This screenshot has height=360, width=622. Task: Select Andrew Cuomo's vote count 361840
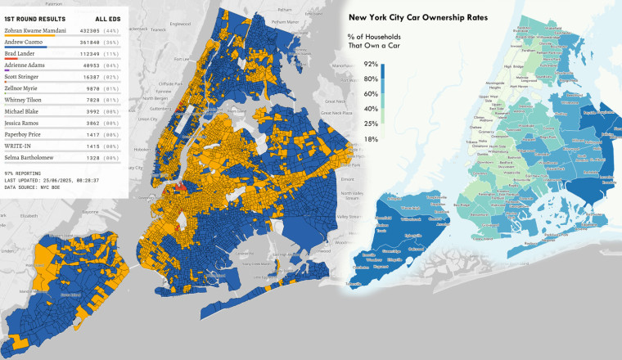(x=89, y=43)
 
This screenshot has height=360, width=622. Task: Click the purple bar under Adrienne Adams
(x=7, y=72)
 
